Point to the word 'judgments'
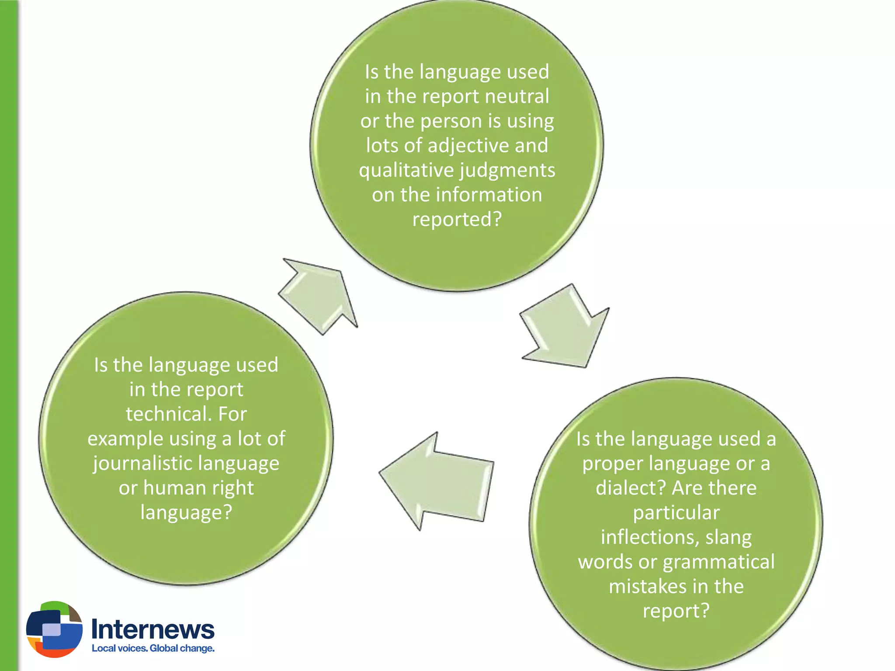point(507,170)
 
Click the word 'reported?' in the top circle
point(457,219)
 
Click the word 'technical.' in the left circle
point(168,414)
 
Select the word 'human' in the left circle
point(173,488)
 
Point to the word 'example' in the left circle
point(125,439)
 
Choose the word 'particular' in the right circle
point(676,513)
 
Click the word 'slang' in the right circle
point(728,537)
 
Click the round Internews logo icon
point(54,629)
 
